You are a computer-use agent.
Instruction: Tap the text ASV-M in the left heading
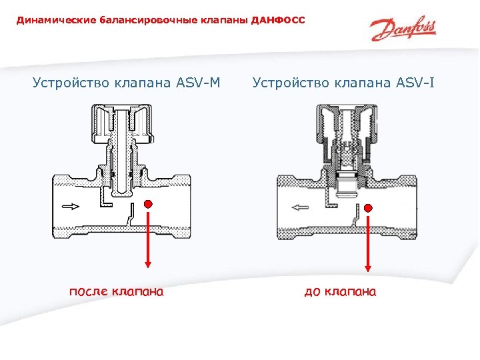tap(198, 83)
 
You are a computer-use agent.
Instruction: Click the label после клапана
tap(117, 291)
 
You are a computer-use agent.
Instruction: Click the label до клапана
tap(340, 291)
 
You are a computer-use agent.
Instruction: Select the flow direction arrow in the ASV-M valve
tap(69, 207)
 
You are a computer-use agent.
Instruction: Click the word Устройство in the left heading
tap(69, 83)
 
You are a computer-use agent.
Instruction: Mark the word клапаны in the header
tap(225, 21)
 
